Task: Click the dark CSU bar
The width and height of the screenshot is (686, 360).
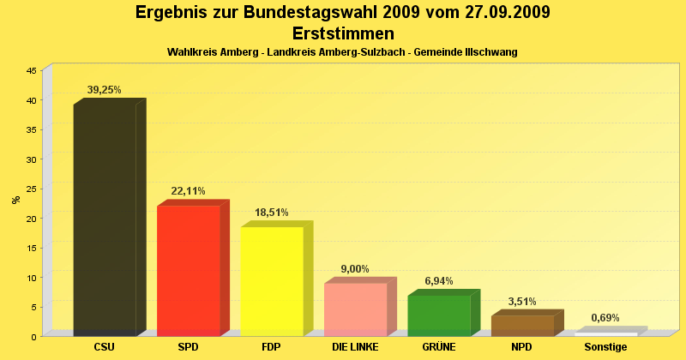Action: click(x=105, y=219)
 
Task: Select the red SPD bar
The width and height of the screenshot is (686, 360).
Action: click(x=188, y=271)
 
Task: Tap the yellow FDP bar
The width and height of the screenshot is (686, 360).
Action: click(x=272, y=281)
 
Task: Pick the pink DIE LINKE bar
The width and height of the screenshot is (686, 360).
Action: click(x=355, y=309)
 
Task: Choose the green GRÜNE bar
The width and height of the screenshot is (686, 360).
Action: click(x=438, y=315)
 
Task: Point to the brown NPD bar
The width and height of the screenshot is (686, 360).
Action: click(x=522, y=326)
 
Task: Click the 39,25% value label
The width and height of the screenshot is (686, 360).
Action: click(x=105, y=89)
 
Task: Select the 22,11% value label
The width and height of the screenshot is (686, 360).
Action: click(x=188, y=191)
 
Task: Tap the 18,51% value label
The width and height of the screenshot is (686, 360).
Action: click(x=272, y=213)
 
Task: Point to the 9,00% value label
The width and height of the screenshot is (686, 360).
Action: click(x=355, y=269)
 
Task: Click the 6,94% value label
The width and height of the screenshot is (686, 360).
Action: click(x=438, y=281)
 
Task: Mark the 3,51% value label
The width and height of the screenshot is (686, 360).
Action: click(x=522, y=302)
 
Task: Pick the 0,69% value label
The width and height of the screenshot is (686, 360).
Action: click(x=605, y=318)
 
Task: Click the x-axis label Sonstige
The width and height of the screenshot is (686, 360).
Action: click(x=605, y=347)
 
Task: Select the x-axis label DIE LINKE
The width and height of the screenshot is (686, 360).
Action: click(x=355, y=347)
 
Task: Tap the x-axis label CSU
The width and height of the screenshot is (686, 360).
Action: click(x=105, y=347)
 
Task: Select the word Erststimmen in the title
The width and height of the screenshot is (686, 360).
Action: click(x=343, y=33)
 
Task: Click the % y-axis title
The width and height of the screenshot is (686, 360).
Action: click(x=15, y=200)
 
